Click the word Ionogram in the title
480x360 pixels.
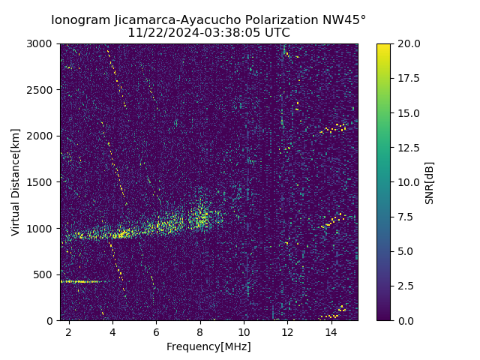79,20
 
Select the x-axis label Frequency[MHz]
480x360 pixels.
208,346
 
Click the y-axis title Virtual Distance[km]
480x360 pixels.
16,181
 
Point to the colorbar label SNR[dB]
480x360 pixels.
430,182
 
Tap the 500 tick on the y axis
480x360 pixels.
46,274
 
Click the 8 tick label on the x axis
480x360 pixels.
200,331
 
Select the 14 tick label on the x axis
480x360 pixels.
331,331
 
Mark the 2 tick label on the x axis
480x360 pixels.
69,331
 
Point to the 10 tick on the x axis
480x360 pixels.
244,331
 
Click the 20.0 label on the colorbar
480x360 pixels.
409,43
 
